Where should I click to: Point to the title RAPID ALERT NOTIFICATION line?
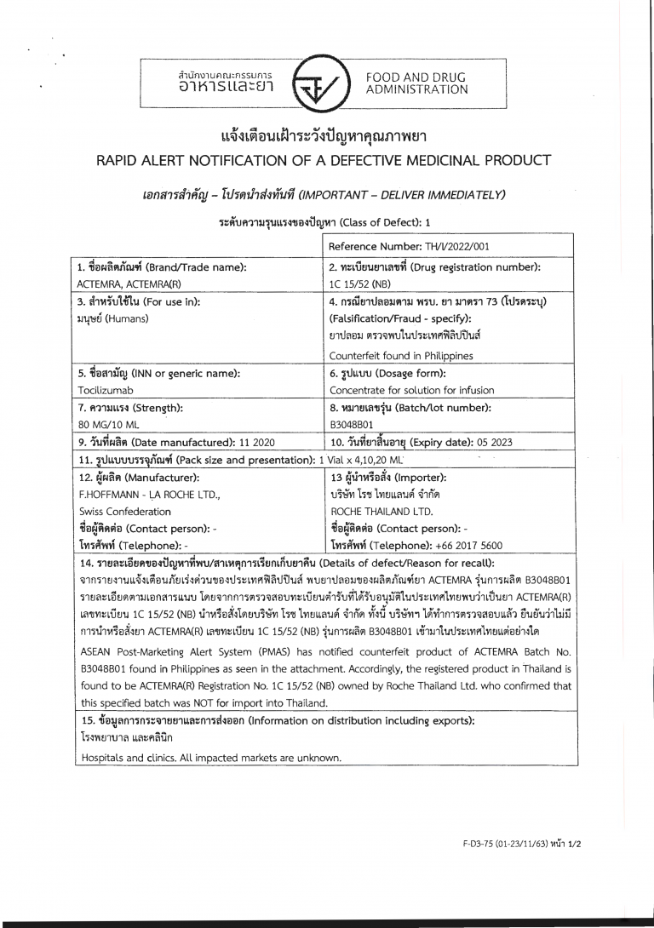326,160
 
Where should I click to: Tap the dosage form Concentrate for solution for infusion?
411,390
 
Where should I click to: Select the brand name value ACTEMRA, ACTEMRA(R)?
127,284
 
